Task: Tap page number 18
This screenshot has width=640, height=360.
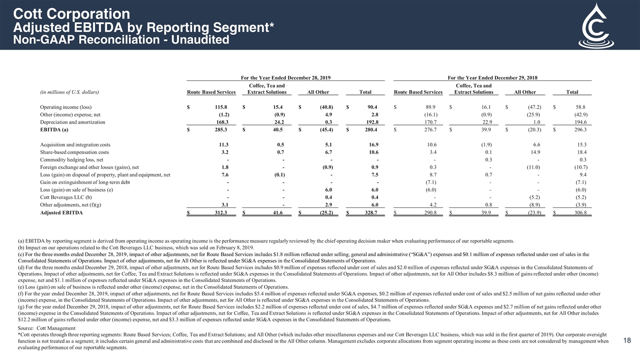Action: (628, 340)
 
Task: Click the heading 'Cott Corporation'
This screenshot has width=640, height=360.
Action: (71, 13)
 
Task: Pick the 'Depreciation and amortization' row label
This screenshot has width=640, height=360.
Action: (73, 121)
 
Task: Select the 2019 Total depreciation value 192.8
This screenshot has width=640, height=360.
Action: (370, 121)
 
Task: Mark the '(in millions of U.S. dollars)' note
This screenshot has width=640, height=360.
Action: (69, 92)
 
